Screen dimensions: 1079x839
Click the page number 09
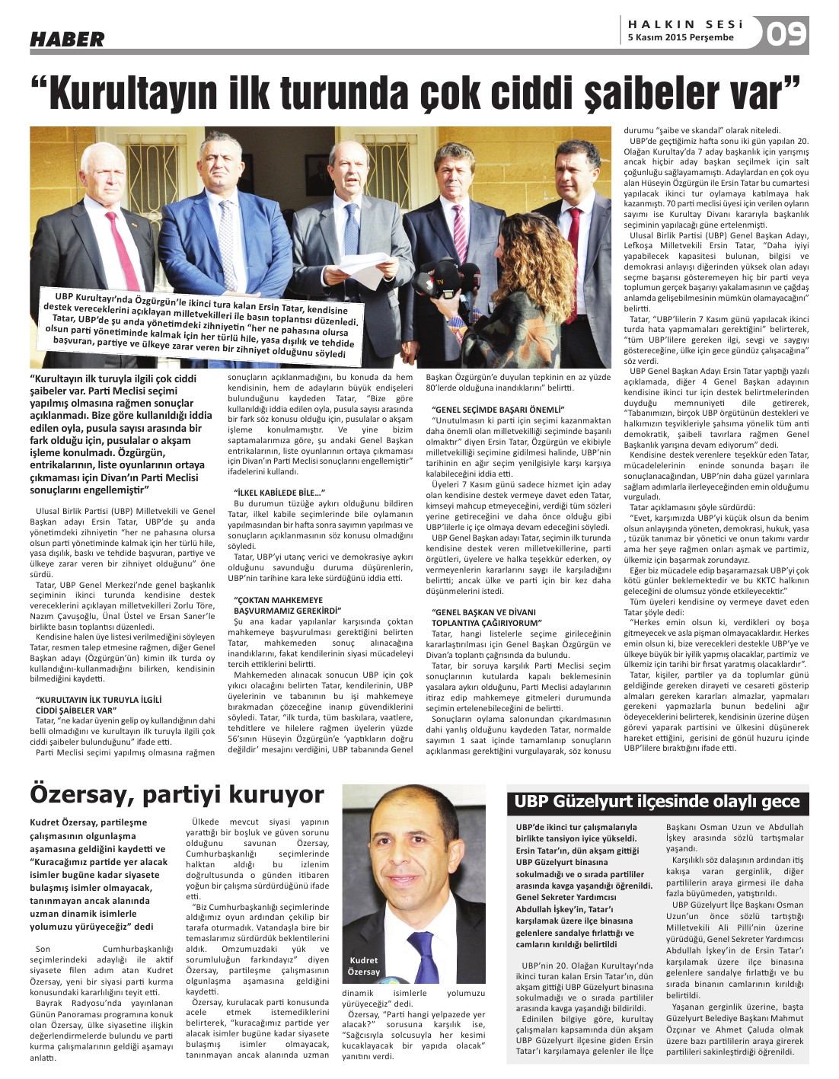coord(786,34)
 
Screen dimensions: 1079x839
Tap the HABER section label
coord(67,39)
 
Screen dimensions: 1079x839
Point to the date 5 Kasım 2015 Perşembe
coord(681,37)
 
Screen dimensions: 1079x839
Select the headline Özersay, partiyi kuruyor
coord(177,794)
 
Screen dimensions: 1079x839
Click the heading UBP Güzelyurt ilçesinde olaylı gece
coord(657,801)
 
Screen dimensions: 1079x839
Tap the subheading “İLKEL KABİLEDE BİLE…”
coord(279,493)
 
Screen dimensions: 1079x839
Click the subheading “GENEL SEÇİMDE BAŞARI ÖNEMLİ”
coord(498,410)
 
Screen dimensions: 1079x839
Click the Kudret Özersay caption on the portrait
coord(363,966)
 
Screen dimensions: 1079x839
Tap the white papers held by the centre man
coord(364,270)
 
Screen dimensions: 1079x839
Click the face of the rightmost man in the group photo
coord(571,167)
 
